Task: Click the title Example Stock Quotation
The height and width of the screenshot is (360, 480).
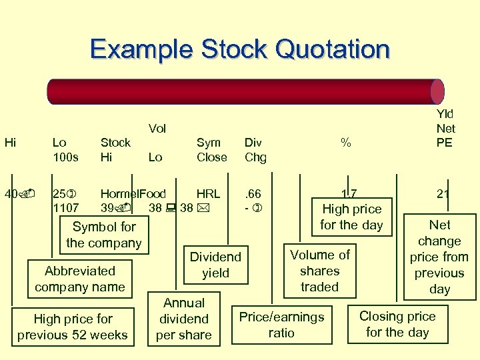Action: (239, 49)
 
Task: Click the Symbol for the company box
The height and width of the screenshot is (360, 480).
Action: (104, 235)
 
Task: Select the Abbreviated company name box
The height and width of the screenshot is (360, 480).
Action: (80, 279)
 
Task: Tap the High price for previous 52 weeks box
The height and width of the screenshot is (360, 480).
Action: (72, 327)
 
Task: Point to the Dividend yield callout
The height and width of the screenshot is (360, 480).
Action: (215, 265)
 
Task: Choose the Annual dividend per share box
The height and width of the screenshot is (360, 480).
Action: (184, 319)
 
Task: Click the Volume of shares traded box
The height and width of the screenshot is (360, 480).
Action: (320, 271)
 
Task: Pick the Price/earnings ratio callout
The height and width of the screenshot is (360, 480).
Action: (281, 324)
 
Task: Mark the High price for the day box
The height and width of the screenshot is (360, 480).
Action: (351, 217)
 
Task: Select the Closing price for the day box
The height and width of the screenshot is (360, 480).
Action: (397, 324)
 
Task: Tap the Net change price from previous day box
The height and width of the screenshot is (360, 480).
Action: (439, 257)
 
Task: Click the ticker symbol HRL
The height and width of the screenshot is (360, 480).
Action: (208, 193)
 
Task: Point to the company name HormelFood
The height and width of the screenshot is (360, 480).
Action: (133, 193)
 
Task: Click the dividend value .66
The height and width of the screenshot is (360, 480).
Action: (253, 193)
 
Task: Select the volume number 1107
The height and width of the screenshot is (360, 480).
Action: (66, 208)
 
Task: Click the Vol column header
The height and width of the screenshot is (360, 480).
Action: (157, 128)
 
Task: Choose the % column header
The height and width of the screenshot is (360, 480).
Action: (345, 143)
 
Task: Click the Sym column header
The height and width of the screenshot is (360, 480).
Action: (209, 143)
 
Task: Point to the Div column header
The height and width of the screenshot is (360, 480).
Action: (253, 143)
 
